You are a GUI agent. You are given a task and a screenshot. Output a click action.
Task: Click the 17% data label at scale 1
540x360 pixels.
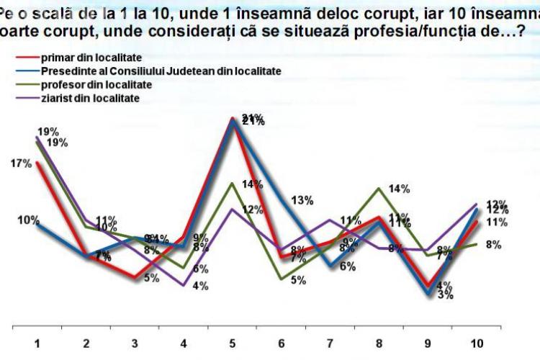tap(21, 163)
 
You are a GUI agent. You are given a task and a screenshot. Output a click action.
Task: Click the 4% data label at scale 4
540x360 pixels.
tap(200, 286)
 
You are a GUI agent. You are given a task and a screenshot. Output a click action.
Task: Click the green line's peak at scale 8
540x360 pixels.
tap(379, 189)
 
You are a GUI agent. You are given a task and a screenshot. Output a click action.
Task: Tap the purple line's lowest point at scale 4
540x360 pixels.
tap(184, 285)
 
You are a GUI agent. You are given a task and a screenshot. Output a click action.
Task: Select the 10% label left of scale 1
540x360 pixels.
tap(28, 220)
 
